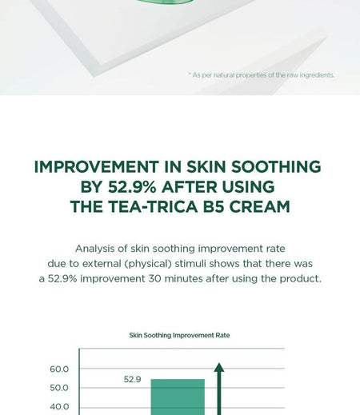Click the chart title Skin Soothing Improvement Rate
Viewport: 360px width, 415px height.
(x=179, y=335)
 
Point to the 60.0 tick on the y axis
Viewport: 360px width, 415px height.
(x=59, y=369)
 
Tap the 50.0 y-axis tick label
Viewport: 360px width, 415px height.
(x=59, y=388)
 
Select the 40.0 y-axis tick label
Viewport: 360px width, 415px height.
(x=59, y=407)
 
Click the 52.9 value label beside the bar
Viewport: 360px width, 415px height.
(x=133, y=379)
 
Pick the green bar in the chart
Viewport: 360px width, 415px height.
(x=178, y=397)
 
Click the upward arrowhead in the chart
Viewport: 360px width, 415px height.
(x=219, y=368)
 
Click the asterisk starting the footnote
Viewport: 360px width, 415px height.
(x=190, y=75)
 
